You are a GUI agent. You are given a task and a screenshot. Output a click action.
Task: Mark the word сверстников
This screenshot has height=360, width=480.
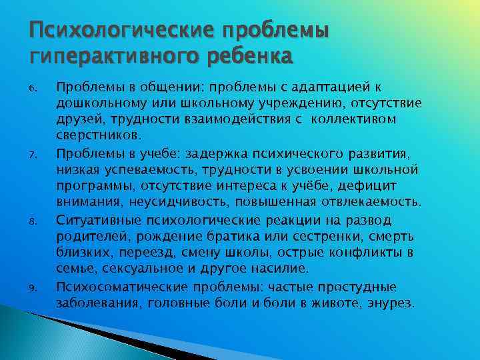point(97,135)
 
